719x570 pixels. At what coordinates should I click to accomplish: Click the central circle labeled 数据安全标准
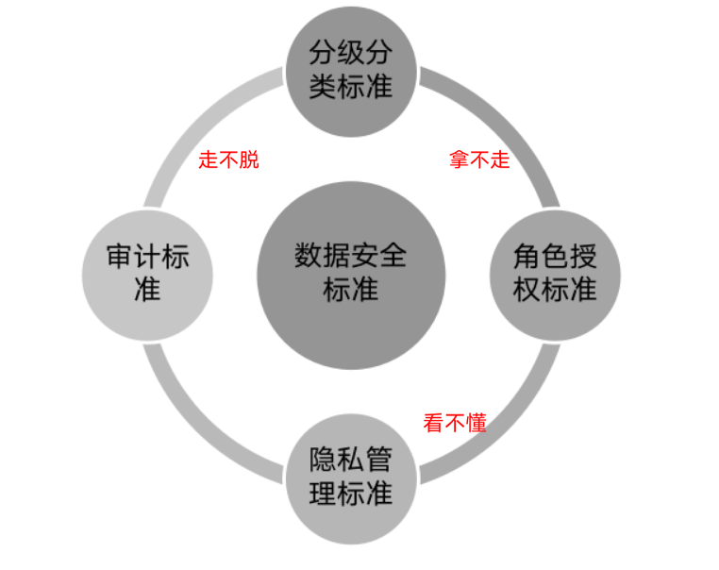[350, 275]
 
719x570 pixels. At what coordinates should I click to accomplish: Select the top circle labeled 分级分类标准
[350, 70]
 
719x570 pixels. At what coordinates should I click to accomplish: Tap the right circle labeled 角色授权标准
[555, 274]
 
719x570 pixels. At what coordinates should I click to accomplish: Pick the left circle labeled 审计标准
[147, 274]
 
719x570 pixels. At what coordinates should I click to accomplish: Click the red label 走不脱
[228, 159]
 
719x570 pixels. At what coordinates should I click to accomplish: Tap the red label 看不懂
[455, 424]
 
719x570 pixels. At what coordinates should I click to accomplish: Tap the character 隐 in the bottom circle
[324, 462]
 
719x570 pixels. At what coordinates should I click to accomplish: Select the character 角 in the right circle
[527, 257]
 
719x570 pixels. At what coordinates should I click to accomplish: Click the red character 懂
[477, 424]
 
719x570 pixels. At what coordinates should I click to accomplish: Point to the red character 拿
[459, 159]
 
